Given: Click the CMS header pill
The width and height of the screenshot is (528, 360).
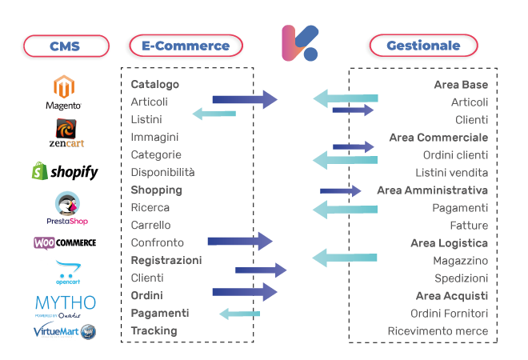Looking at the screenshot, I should click(x=65, y=46).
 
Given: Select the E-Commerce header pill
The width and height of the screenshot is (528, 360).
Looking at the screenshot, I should click(x=185, y=46).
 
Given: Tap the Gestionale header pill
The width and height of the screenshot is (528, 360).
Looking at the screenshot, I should click(x=422, y=46).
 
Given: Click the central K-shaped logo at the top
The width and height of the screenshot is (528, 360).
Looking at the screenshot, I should click(x=300, y=43).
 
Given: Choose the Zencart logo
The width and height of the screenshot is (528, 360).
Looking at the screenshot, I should click(x=66, y=133).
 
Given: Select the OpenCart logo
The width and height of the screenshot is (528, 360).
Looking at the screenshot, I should click(x=68, y=271).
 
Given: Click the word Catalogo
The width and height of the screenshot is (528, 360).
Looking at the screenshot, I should click(x=154, y=84).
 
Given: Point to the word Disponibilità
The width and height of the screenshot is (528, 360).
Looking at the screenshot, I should click(x=162, y=172).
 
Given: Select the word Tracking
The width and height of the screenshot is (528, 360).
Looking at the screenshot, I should click(x=154, y=330).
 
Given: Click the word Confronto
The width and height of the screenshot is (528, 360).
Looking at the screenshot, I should click(x=157, y=242).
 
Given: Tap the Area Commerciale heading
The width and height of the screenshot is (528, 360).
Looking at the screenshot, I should click(x=438, y=137).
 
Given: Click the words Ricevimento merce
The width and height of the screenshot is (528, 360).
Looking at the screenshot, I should click(x=438, y=330).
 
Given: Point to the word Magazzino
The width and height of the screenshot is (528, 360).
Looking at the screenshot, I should click(x=460, y=260).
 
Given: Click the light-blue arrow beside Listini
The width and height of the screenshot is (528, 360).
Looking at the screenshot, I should click(x=214, y=114).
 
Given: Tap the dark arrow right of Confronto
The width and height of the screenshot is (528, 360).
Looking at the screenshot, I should click(x=240, y=241).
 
